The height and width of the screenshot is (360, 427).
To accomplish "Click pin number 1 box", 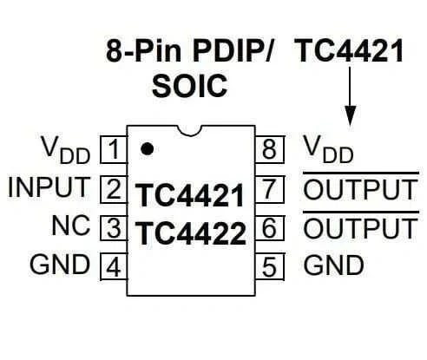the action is click(x=114, y=149).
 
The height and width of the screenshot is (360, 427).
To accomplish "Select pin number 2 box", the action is click(x=114, y=189).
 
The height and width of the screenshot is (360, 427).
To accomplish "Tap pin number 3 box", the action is click(x=114, y=228).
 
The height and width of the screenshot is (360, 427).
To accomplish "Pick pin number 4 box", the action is click(x=114, y=266).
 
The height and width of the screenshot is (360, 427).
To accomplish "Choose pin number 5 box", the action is click(x=270, y=266).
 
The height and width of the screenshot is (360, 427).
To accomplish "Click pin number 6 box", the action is click(x=270, y=228).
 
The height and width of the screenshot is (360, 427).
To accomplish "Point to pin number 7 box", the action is click(x=270, y=189).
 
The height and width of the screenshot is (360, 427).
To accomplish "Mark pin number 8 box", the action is click(x=270, y=149).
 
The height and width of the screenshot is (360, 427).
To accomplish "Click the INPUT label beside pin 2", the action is click(x=49, y=187).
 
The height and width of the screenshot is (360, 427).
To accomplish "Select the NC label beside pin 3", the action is click(x=71, y=226).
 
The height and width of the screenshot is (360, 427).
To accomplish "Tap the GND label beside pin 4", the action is click(x=60, y=264).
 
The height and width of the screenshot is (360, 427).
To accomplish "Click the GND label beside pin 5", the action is click(x=333, y=265).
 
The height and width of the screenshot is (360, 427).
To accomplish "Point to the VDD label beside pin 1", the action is click(x=66, y=150).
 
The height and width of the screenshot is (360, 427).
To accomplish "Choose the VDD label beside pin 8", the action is click(x=328, y=149).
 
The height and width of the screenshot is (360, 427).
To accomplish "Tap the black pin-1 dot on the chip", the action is click(x=147, y=148).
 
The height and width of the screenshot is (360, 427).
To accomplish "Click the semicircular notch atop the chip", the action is click(x=189, y=130).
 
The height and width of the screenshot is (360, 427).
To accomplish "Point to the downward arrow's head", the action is click(x=351, y=115).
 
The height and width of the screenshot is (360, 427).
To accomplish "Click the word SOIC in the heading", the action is click(x=190, y=86).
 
